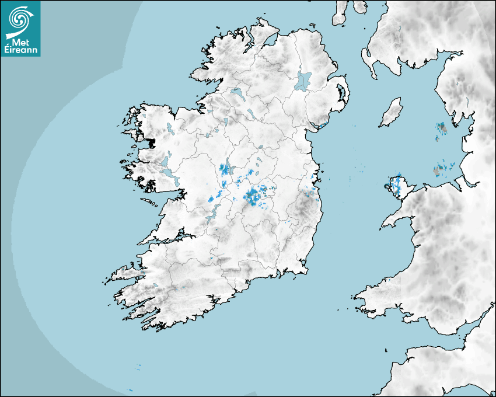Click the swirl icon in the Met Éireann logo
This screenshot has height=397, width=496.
[x=20, y=18]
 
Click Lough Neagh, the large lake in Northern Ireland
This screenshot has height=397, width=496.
[x=303, y=80]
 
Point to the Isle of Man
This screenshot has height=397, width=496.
[x=392, y=113]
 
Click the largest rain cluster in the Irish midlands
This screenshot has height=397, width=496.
[x=255, y=196]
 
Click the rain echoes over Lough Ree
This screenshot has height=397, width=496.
[x=225, y=170]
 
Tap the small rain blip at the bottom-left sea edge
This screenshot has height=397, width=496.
[x=130, y=390]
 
